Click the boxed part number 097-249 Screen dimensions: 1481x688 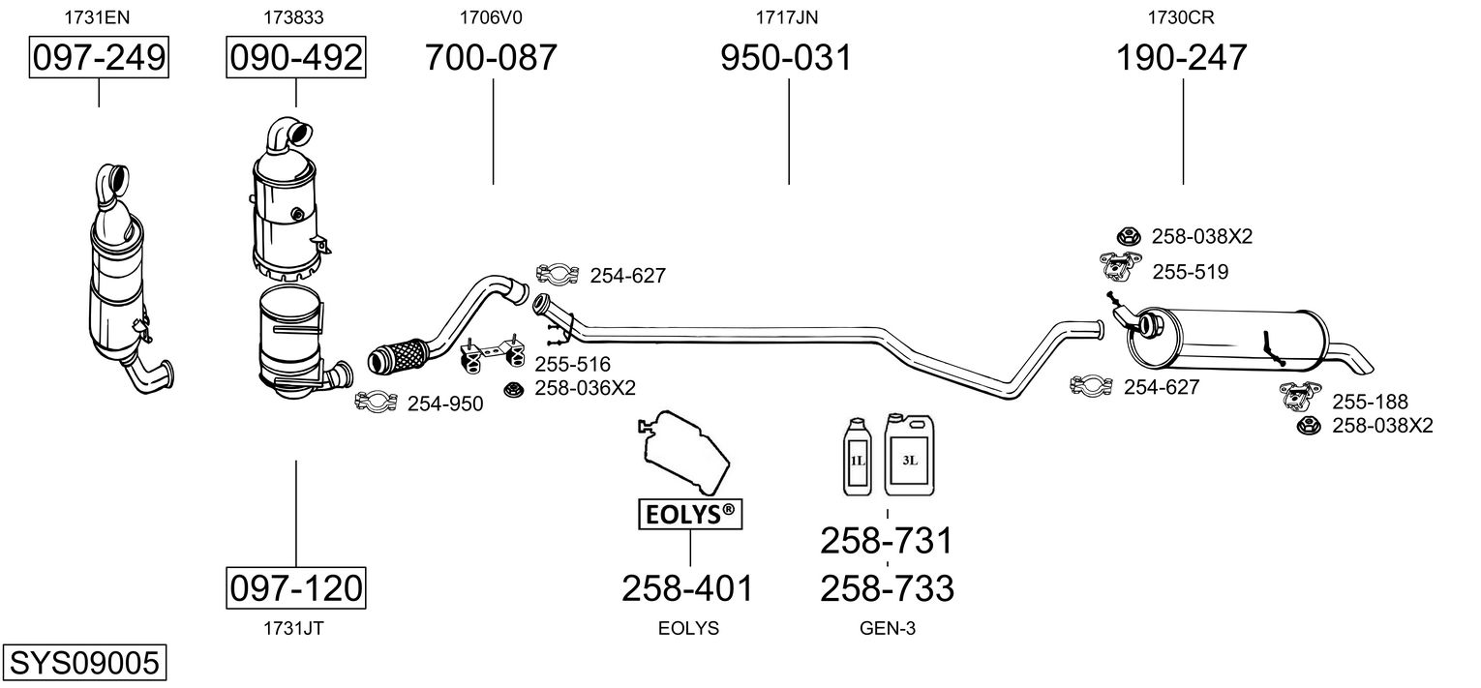click(x=99, y=57)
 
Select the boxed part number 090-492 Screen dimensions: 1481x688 click(x=295, y=57)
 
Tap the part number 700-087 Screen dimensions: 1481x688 click(x=491, y=57)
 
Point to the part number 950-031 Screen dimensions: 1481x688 click(x=786, y=57)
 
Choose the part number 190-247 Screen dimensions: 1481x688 click(x=1182, y=57)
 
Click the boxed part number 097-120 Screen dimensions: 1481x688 click(x=295, y=587)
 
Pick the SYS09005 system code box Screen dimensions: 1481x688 click(x=84, y=662)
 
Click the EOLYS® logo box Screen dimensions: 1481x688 click(x=689, y=514)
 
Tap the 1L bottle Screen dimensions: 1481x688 click(x=859, y=457)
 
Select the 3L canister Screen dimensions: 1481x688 click(x=910, y=456)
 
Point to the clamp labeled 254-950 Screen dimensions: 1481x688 click(x=377, y=401)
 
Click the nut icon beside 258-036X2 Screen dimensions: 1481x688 click(x=512, y=389)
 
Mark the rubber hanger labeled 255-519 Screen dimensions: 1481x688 click(x=1119, y=266)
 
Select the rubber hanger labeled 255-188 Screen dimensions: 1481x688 click(x=1298, y=395)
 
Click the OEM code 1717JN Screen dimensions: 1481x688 click(x=787, y=17)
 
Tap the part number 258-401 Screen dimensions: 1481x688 click(x=687, y=587)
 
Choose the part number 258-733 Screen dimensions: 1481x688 click(x=888, y=587)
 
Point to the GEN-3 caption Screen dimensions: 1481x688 click(x=888, y=628)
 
